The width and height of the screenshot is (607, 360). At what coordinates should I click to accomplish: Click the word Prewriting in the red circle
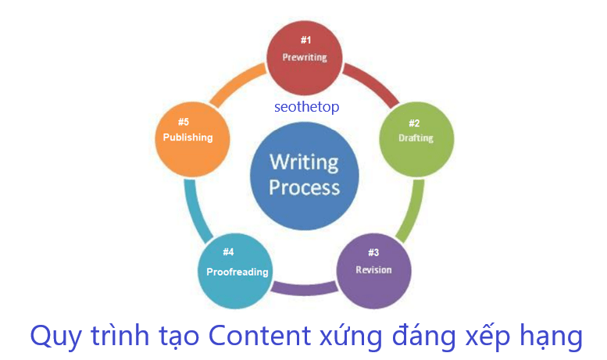304,57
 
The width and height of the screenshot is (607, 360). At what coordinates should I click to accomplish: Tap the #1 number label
305,39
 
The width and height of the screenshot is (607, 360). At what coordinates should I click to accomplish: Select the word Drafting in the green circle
415,138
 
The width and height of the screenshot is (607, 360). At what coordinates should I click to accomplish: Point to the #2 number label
415,123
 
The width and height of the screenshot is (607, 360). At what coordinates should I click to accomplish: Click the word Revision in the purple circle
373,269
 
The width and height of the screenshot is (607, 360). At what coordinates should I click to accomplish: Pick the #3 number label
373,252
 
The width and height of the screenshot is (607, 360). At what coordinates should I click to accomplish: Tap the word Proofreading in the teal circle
237,272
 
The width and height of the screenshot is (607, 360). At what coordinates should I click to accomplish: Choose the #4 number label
228,252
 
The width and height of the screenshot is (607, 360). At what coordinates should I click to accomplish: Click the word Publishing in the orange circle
187,137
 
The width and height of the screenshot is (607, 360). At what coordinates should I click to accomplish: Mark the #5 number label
184,122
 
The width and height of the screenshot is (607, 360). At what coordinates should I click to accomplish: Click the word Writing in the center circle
304,162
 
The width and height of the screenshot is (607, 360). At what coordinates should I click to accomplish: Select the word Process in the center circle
305,187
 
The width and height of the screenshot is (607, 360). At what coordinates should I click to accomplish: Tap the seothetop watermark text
306,107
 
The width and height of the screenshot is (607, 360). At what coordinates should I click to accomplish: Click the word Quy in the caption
52,337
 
